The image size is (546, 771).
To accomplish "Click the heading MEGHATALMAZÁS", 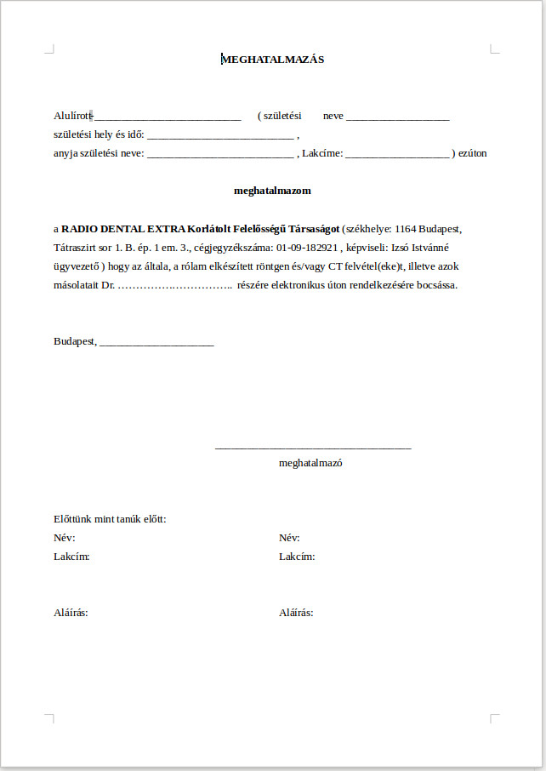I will pos(273,60).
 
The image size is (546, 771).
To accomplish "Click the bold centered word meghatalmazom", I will pos(272,191).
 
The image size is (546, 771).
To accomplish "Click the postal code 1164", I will pos(407,229).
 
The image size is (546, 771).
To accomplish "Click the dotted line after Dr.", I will pos(174,285).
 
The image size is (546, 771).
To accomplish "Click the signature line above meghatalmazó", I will pos(313,448).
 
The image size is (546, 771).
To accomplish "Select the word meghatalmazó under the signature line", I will pos(310,464).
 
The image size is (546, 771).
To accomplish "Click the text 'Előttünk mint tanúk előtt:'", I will pos(110,519).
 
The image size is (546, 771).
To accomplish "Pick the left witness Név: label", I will pos(64,538).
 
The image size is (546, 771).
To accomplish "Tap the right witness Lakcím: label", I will pos(297,557).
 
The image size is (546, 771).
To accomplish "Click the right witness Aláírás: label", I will pos(296,613).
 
